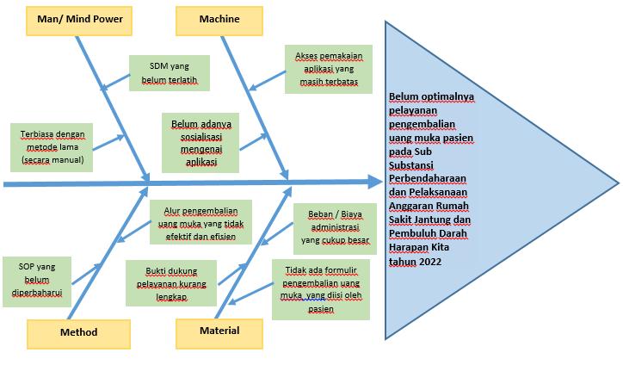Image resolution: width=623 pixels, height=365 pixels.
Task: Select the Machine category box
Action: point(219,19)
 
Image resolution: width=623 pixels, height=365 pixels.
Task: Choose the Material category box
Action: point(219,331)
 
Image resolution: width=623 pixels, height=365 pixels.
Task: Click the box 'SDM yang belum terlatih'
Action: point(170,73)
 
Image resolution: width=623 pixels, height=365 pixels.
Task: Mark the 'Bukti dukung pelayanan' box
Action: point(170,282)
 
